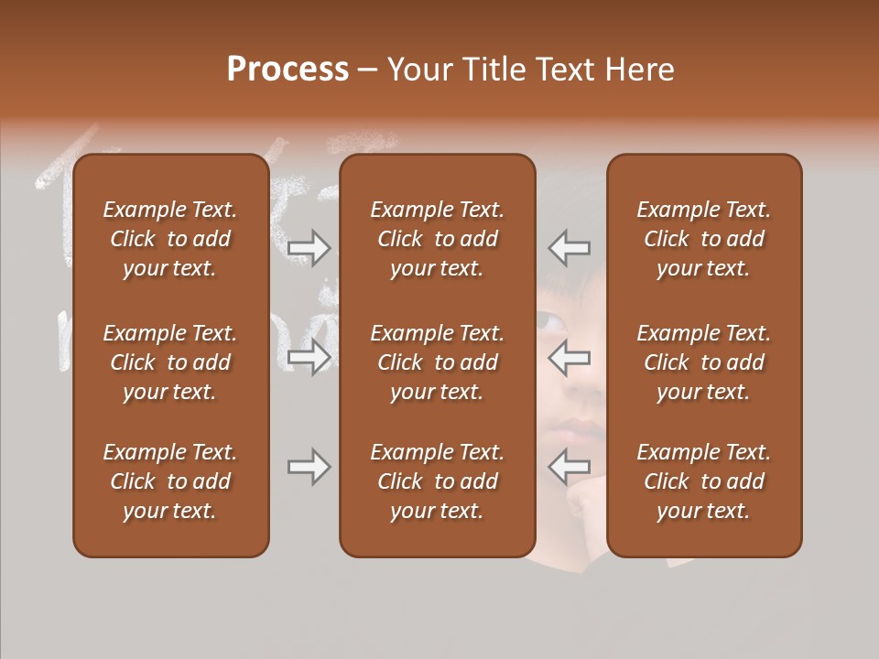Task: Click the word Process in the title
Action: (288, 70)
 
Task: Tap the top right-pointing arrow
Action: (309, 248)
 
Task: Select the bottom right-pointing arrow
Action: (309, 467)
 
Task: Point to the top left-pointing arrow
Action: (570, 248)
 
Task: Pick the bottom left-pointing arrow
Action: (570, 467)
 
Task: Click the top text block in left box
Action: (170, 239)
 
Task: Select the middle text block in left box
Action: (170, 362)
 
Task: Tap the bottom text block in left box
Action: (170, 481)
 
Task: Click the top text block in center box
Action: (437, 239)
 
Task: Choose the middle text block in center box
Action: (437, 362)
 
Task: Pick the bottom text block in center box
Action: (437, 481)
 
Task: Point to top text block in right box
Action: (703, 239)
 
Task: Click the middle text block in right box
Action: (703, 362)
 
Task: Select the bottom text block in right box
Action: (703, 481)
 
